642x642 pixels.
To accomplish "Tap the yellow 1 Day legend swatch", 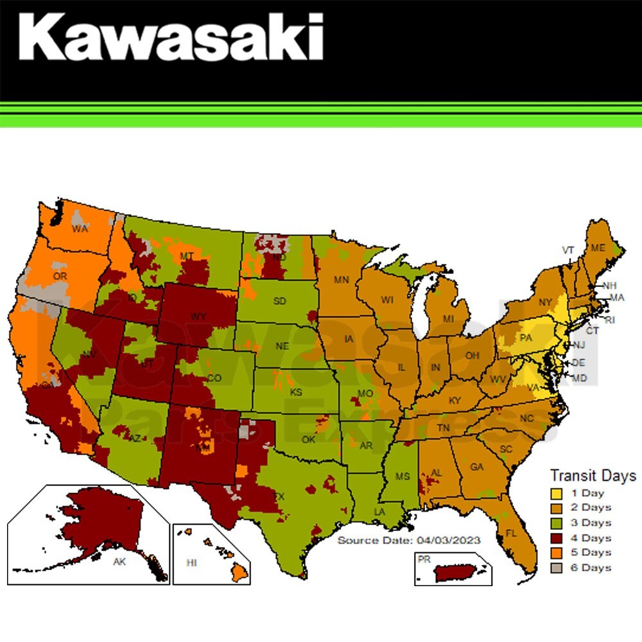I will (x=556, y=494).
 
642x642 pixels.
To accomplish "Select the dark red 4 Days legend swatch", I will (x=556, y=538).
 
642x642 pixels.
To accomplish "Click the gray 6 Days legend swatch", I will (x=556, y=568).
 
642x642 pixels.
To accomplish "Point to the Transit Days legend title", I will (x=593, y=476).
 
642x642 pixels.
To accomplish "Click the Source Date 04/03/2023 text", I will (x=409, y=540).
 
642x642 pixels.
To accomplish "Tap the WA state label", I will (x=80, y=229).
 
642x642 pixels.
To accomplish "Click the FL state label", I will (x=511, y=534).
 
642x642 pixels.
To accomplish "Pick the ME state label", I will (x=598, y=248).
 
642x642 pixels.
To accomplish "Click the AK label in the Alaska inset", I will (x=119, y=560).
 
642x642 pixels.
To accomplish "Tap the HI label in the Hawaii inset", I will (x=191, y=562).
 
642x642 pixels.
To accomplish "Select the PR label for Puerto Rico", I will (x=424, y=559).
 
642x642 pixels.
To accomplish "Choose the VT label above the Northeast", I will (x=568, y=250).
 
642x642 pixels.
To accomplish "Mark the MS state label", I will (x=402, y=476).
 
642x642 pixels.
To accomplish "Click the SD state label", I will (x=280, y=300).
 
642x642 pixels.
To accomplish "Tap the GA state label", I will (x=476, y=467).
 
